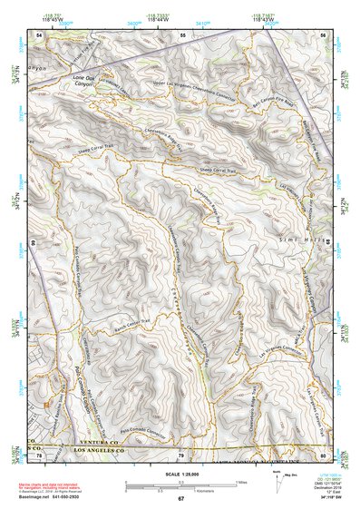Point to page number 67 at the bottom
click(180, 498)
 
